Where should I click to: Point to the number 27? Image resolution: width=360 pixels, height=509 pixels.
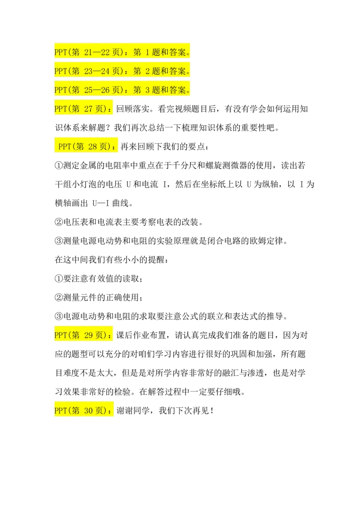point(88,109)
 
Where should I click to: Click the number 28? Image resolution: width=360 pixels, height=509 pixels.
point(92,147)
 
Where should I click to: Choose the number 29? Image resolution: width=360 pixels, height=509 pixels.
point(88,335)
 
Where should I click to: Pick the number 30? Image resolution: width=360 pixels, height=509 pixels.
point(88,411)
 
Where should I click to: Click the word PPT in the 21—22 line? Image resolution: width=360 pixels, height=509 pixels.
point(60,53)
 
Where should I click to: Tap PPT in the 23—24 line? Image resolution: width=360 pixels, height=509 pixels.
point(60,71)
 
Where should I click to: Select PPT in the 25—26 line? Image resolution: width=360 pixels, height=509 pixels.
point(60,90)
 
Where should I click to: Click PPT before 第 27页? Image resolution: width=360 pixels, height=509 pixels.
point(60,109)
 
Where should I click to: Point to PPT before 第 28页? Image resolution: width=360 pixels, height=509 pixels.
point(64,147)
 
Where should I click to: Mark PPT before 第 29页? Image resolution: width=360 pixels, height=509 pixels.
point(60,335)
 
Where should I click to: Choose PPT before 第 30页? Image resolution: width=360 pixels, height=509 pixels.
point(60,411)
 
